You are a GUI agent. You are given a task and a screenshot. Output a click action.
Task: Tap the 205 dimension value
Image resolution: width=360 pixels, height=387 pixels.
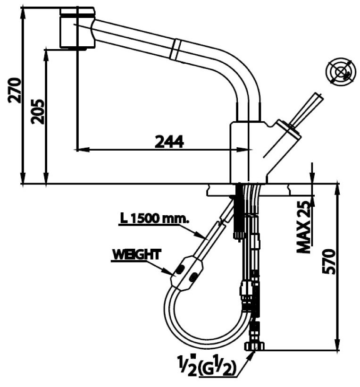(x=38, y=111)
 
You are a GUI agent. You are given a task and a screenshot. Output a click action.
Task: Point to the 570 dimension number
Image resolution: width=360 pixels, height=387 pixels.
(x=329, y=263)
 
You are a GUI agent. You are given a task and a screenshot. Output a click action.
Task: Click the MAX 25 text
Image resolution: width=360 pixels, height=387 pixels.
(x=305, y=226)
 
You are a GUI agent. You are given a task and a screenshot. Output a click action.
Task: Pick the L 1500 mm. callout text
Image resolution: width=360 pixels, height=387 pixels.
(x=154, y=219)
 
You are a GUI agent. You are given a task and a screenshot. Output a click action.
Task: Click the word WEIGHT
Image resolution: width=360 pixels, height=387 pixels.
(x=136, y=254)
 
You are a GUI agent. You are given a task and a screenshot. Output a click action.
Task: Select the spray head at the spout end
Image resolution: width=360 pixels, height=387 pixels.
(x=77, y=28)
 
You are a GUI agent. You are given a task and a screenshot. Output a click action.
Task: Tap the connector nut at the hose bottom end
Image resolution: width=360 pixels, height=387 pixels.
(x=253, y=346)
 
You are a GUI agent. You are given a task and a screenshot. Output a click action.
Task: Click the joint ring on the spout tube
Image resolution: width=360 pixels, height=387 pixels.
(x=176, y=49)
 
